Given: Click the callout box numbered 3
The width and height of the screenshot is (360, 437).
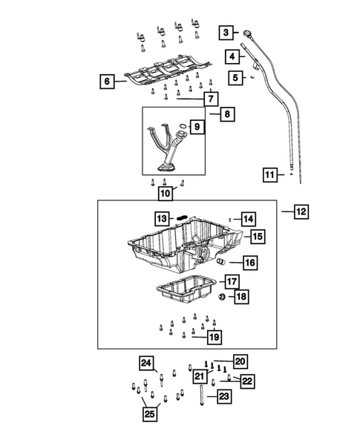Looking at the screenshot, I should click(226, 32).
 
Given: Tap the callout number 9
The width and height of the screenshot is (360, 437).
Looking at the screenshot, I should click(197, 128).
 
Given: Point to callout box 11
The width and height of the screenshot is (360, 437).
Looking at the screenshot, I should click(270, 175).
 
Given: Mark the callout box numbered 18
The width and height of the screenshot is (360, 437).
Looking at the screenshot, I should click(240, 297).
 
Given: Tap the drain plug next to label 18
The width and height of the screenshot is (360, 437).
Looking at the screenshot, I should click(221, 298).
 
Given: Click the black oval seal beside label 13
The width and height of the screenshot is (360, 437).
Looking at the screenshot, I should click(181, 217).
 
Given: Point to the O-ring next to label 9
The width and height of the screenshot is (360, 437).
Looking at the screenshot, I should click(178, 133).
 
